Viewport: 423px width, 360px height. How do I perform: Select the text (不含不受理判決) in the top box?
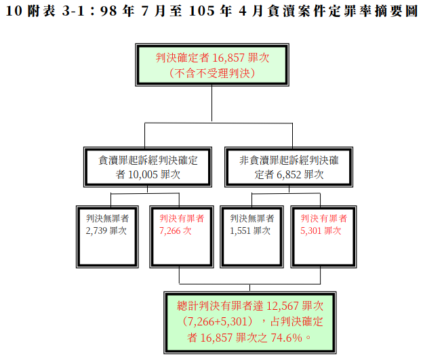[212, 73]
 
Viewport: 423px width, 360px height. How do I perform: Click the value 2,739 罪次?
[106, 231]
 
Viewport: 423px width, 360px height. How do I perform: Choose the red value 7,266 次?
[175, 231]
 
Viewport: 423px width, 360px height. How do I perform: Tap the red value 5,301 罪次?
[320, 231]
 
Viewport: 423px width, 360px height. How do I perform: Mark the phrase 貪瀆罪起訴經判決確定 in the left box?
[148, 161]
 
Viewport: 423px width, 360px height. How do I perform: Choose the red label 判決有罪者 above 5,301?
[324, 218]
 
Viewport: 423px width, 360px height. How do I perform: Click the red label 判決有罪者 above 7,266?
[182, 218]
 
